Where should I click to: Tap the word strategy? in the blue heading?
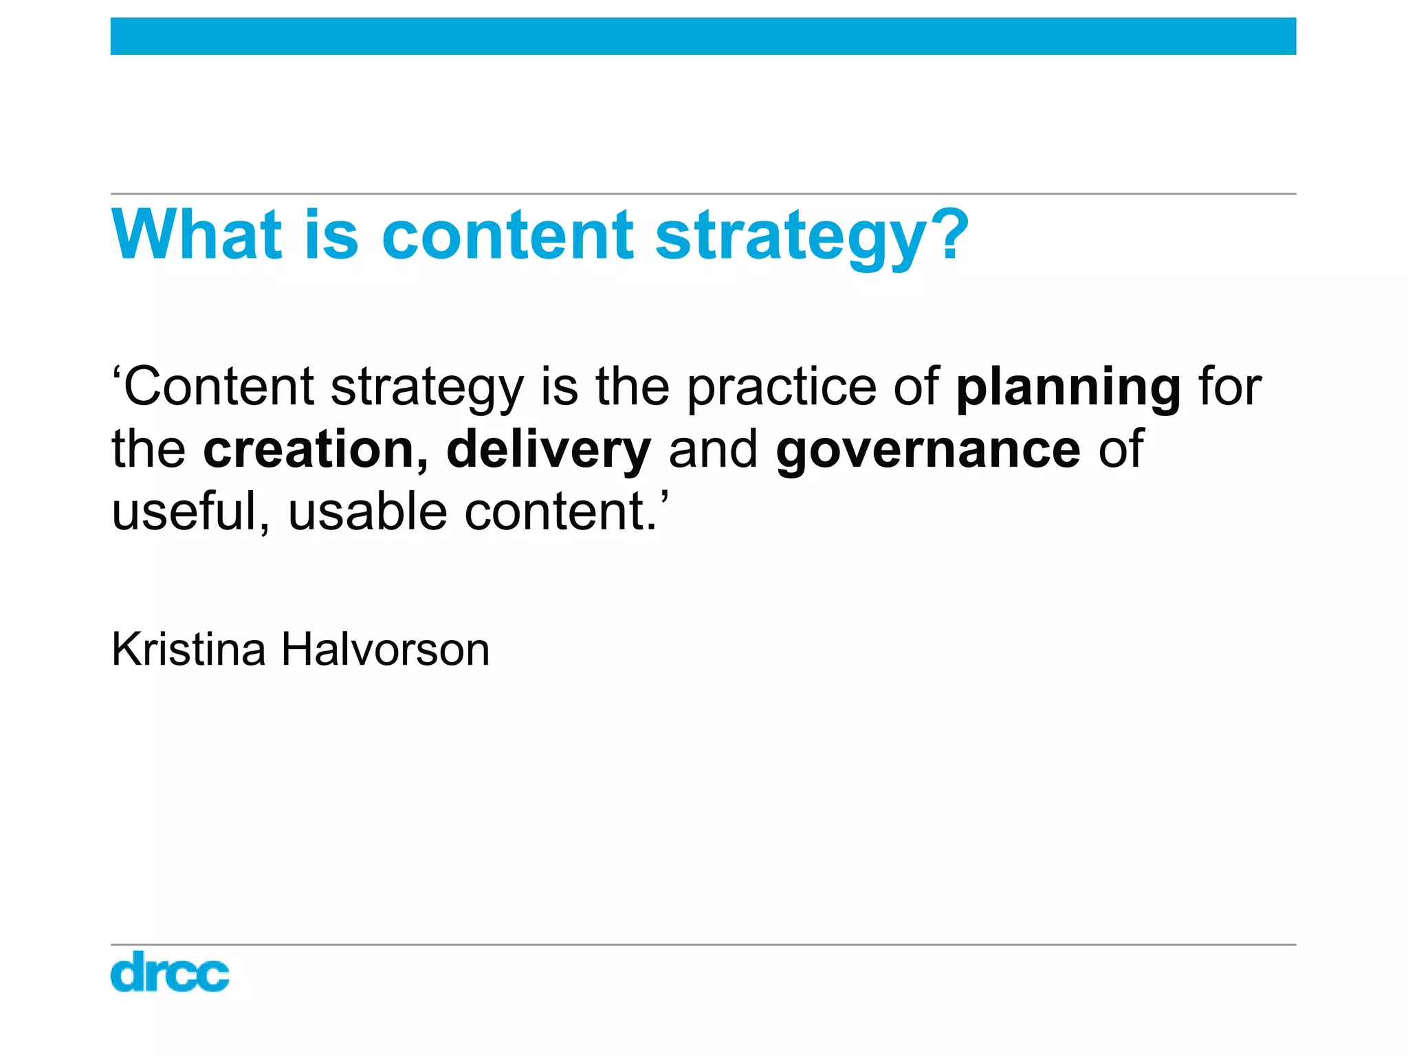pos(811,237)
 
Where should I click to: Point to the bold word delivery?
pos(548,451)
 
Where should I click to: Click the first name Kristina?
pos(188,649)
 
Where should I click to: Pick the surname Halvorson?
pos(385,649)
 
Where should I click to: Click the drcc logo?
pos(170,971)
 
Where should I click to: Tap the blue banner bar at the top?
pos(703,36)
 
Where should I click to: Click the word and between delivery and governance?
pos(713,450)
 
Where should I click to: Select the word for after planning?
pos(1230,387)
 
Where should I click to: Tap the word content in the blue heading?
pos(507,235)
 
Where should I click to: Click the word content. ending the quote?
pos(561,512)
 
